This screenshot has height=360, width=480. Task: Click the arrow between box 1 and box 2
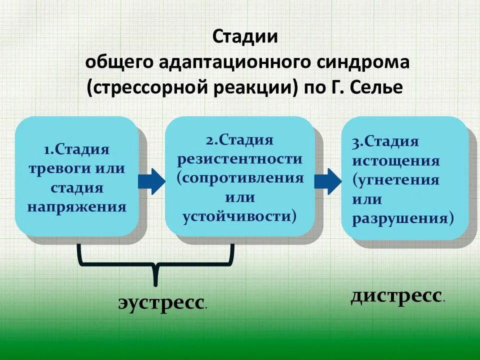[x=151, y=181]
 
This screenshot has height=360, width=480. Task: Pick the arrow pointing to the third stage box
[x=327, y=181]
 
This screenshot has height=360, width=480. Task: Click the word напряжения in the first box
[x=76, y=206]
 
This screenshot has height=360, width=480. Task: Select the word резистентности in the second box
[x=239, y=159]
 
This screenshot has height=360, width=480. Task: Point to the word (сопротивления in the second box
[x=240, y=178]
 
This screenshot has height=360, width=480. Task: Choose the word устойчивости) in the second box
[x=239, y=216]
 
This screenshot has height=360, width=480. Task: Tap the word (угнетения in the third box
[x=396, y=180]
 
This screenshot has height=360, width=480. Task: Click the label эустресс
[x=162, y=302]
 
